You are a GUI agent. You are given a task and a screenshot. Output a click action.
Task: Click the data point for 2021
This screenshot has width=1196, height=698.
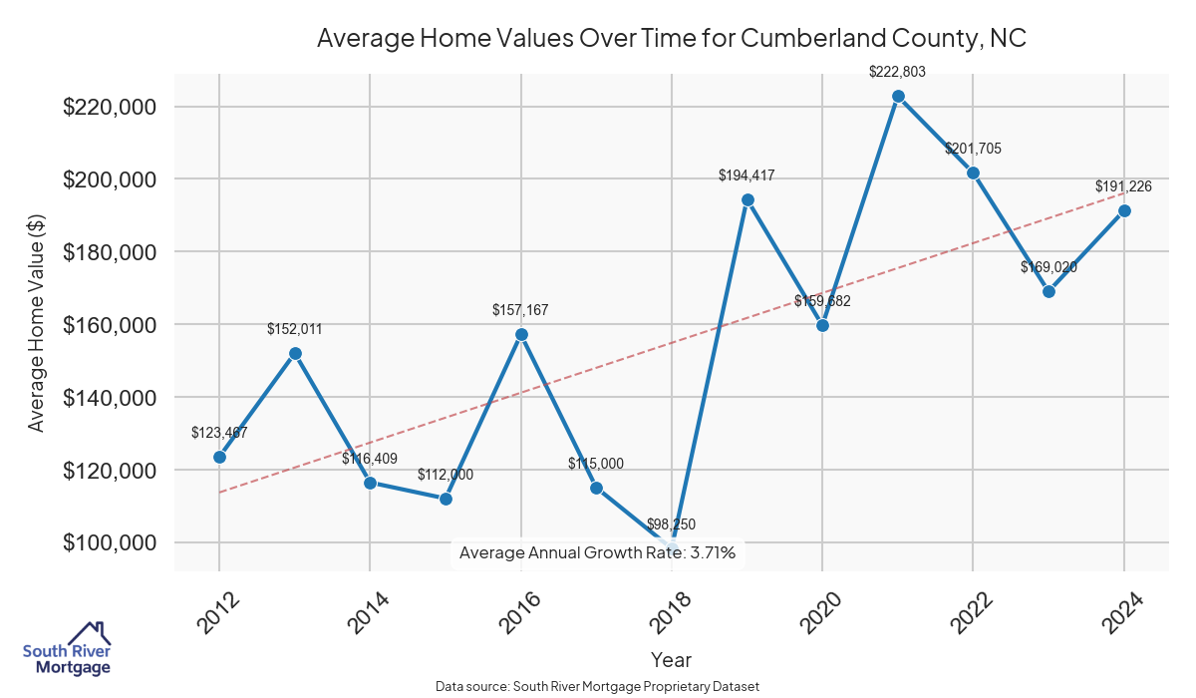[x=898, y=96]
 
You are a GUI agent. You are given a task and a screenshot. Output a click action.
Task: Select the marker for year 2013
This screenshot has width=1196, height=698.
[x=295, y=353]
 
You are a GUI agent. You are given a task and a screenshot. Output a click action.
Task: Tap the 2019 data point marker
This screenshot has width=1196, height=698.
[x=747, y=199]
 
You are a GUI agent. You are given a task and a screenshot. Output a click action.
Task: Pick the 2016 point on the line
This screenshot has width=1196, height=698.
[x=521, y=334]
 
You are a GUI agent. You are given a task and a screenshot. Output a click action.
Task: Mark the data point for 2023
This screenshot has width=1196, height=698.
[x=1048, y=291]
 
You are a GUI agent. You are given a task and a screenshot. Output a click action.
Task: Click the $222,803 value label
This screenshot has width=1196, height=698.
[x=898, y=72]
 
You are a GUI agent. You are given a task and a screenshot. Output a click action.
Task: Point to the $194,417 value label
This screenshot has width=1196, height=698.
[x=747, y=175]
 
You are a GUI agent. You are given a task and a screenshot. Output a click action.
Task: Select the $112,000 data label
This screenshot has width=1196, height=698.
[x=446, y=475]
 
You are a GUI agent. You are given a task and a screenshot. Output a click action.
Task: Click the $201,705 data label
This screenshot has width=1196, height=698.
[x=973, y=149]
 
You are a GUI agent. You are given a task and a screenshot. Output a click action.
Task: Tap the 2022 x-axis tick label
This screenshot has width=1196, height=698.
[x=968, y=612]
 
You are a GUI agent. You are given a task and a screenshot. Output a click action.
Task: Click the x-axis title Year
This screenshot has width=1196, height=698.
[x=671, y=660]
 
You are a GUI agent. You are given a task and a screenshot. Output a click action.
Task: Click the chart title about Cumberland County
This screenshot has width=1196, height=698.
[x=671, y=39]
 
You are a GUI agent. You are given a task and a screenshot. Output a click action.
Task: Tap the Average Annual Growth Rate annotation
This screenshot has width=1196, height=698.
[x=597, y=552]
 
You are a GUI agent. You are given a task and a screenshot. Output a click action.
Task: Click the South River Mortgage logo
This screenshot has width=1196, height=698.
[x=67, y=649]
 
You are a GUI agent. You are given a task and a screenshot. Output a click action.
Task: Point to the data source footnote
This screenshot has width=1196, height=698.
[x=597, y=687]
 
